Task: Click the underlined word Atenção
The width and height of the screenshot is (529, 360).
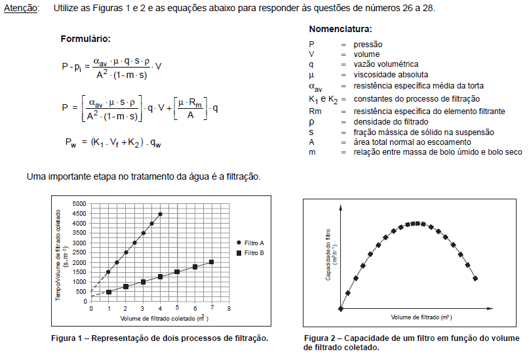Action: [21, 8]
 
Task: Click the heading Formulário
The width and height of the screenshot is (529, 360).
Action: [85, 39]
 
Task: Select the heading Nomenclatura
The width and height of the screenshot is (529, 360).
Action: [340, 30]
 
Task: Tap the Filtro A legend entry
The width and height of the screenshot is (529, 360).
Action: [254, 243]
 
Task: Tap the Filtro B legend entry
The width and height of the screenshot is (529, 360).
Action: [254, 252]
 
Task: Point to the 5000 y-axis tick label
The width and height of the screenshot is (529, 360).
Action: [79, 204]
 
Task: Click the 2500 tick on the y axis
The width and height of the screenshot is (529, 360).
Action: [79, 252]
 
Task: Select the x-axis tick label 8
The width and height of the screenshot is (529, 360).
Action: [229, 308]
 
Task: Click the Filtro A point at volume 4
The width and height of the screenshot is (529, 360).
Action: [161, 214]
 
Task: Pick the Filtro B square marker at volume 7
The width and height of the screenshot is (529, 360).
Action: [212, 262]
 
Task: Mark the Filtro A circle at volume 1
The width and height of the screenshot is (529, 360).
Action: [109, 272]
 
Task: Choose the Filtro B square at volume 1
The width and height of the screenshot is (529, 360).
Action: [109, 292]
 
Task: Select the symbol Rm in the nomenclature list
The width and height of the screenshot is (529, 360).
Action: [315, 111]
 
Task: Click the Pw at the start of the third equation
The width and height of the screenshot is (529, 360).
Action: [71, 142]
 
